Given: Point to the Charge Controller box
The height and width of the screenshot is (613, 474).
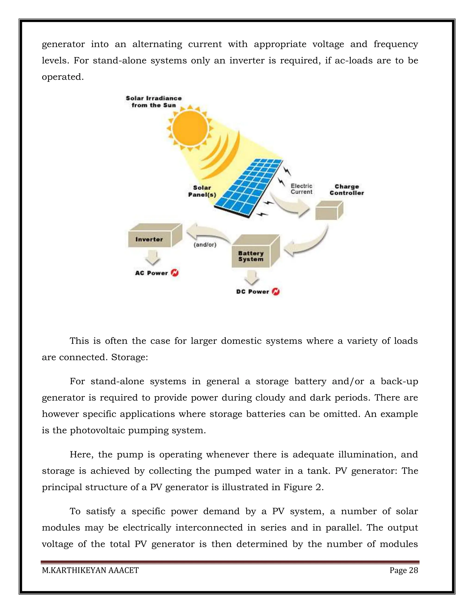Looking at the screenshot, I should point(329,211).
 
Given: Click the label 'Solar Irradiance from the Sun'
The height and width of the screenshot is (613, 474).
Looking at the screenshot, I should point(154,102).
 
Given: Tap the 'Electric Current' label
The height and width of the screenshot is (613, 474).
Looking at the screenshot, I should point(301,189).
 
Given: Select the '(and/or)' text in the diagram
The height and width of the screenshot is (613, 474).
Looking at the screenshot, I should point(205,245).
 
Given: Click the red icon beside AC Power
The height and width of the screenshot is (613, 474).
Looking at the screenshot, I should point(175,273).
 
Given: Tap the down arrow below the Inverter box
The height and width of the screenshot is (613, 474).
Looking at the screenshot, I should point(153,258).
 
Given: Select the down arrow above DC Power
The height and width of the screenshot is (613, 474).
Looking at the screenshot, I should point(252,278).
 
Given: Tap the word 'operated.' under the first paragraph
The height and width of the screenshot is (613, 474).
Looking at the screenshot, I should point(63,77).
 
